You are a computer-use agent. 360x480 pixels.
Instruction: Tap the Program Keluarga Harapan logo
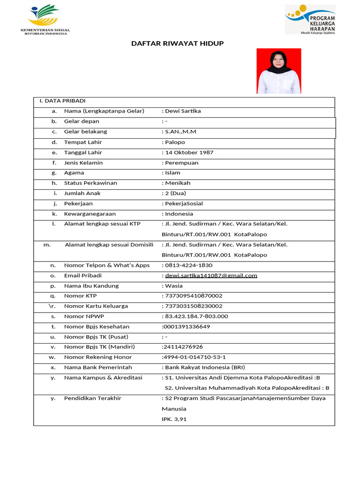coord(310,19)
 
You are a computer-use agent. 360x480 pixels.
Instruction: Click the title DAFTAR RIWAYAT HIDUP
coord(177,44)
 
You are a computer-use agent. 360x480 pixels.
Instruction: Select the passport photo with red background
coord(279,71)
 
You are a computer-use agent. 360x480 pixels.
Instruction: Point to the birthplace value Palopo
coord(175,142)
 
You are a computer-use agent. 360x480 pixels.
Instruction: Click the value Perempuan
coord(181,163)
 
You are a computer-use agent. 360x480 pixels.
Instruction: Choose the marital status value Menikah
coord(178,183)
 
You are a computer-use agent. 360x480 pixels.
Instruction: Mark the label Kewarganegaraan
coord(90,214)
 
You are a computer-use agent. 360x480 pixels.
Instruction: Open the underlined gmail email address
coord(211,276)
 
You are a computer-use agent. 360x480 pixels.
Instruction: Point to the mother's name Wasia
coord(174,286)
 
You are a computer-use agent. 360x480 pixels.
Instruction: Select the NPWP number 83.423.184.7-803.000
coord(196,316)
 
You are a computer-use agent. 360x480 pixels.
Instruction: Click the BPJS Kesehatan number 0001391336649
coord(187,327)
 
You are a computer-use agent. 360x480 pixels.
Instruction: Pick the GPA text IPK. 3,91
coord(174,419)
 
